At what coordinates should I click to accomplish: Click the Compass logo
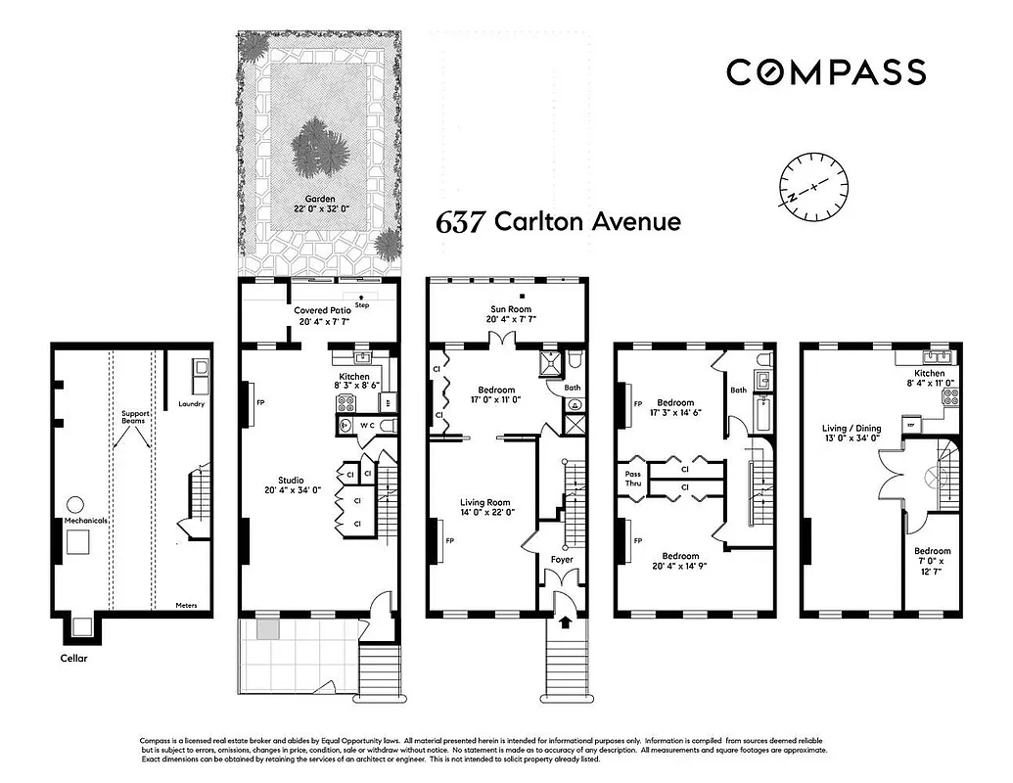[x=825, y=71]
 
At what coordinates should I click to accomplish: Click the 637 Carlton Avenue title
[x=558, y=221]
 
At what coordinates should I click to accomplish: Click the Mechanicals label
[x=85, y=521]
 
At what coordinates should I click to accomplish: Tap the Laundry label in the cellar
[x=191, y=403]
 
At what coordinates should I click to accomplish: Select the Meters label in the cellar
[x=186, y=606]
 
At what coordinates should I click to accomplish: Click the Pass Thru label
[x=633, y=479]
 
